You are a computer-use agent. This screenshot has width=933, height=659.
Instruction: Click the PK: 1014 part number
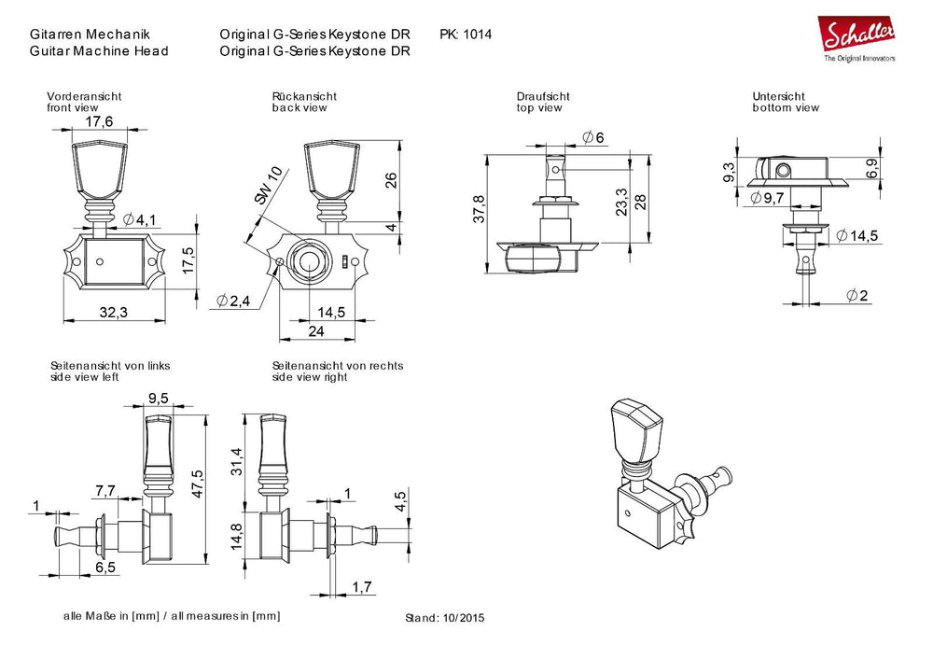click(x=465, y=35)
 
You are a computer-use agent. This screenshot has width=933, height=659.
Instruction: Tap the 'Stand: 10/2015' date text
click(x=446, y=618)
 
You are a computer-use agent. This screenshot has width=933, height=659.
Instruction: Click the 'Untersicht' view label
click(x=778, y=96)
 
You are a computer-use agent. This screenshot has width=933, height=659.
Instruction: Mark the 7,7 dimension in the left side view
click(x=104, y=489)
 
